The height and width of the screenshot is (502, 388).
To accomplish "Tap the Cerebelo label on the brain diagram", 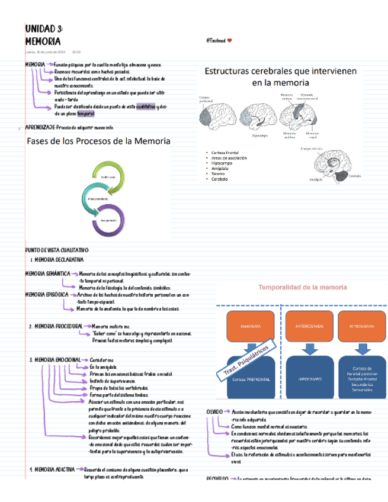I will [x=355, y=176].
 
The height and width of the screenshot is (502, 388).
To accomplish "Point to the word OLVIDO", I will [x=214, y=411].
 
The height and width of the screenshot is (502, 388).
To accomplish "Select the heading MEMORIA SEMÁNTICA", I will [x=47, y=273].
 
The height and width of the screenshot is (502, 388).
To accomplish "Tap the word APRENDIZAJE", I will [x=40, y=127].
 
